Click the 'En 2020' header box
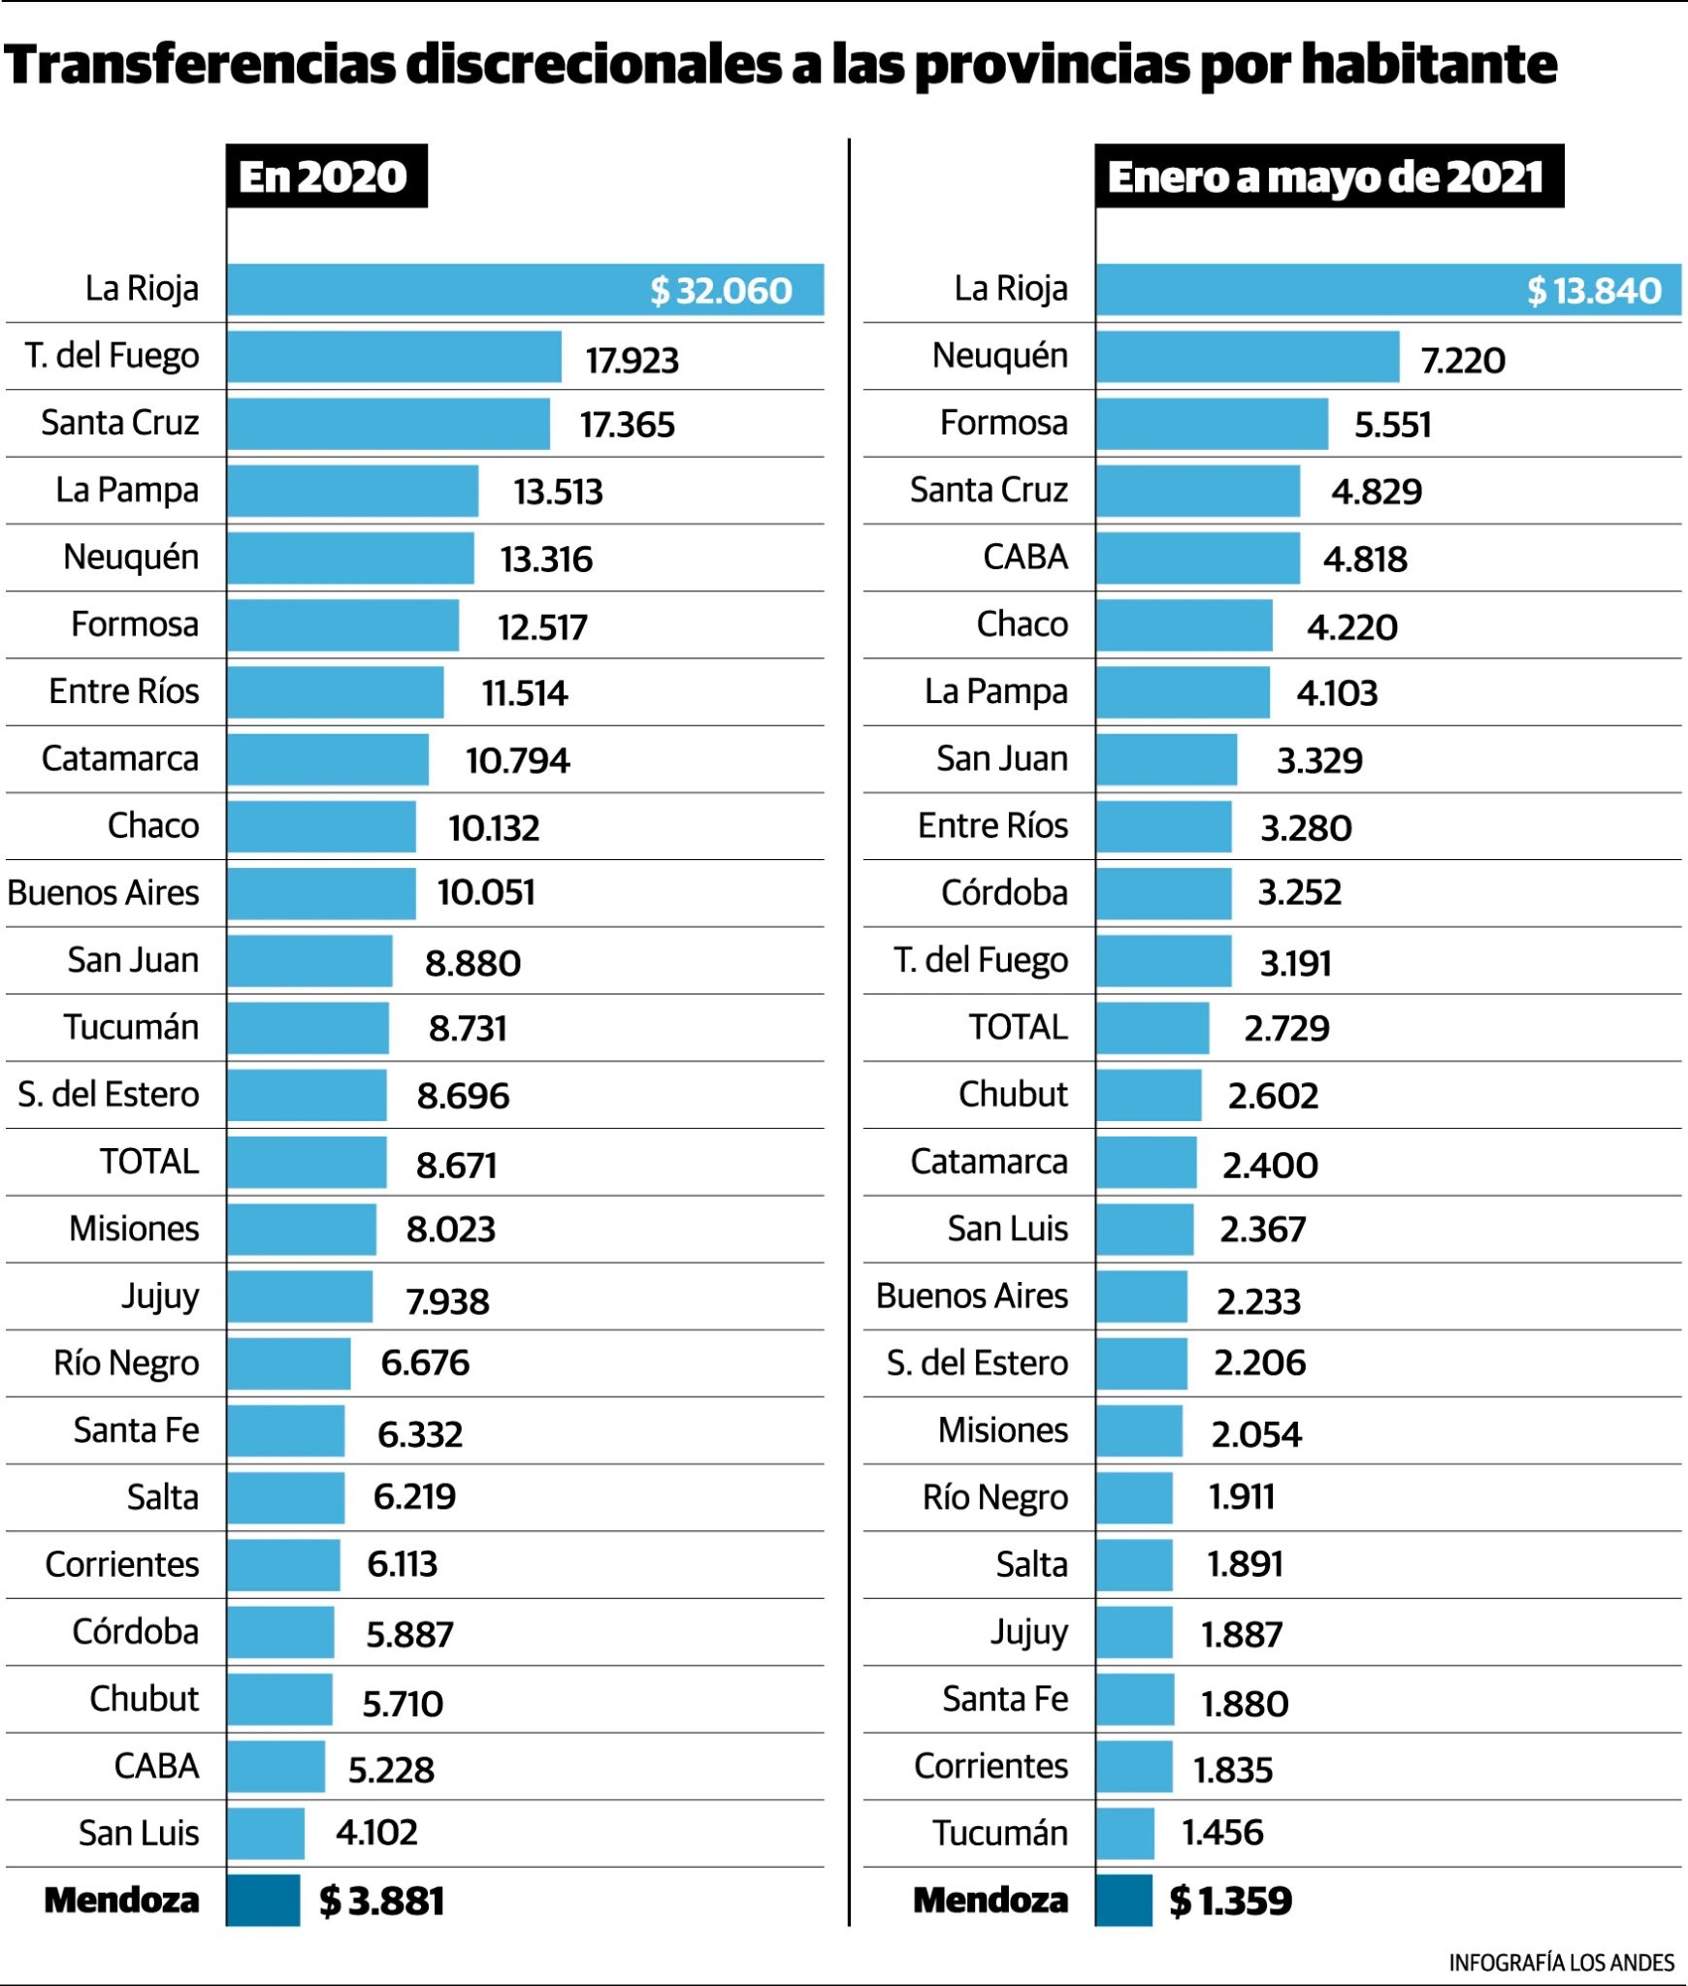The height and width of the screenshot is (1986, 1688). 326,176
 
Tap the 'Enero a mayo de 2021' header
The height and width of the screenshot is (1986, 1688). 1327,176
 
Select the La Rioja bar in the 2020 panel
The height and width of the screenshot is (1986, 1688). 437,290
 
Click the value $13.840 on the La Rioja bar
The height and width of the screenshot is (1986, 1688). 1593,291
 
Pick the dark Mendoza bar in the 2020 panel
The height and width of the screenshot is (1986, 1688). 263,1900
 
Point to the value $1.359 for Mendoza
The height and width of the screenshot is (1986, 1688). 1230,1901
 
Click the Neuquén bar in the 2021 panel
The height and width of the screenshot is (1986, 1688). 1248,357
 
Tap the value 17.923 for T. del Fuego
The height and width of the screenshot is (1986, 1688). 632,361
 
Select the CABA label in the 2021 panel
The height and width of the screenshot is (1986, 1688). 1024,558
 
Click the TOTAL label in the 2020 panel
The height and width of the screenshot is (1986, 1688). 149,1162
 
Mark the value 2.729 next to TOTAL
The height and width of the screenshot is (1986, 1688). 1286,1029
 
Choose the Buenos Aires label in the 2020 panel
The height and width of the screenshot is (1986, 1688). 103,893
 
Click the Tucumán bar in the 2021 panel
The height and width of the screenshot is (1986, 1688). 1125,1833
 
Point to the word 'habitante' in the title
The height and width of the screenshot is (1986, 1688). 1428,65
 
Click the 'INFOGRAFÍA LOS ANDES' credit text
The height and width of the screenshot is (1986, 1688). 1561,1963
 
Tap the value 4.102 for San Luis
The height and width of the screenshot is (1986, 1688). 376,1833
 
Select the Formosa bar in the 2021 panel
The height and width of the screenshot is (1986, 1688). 1212,424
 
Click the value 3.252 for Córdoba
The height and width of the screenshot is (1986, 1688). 1299,893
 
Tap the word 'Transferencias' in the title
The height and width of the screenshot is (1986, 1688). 200,65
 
